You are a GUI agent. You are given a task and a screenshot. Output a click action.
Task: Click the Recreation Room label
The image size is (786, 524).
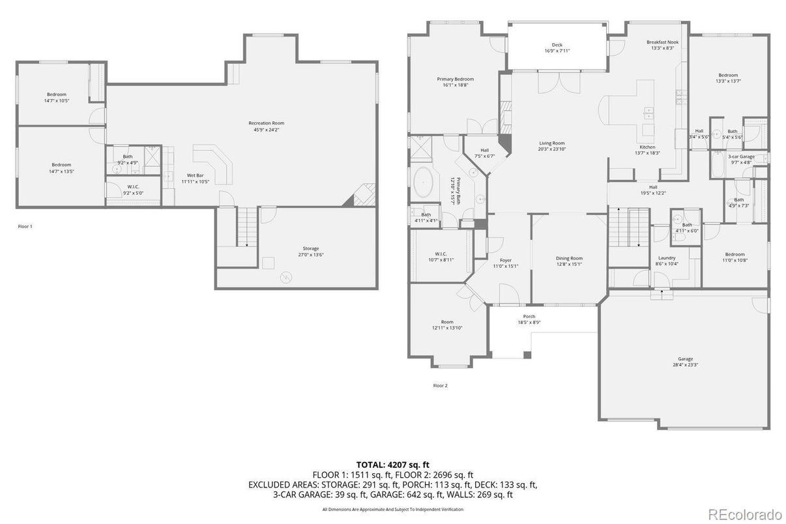pyautogui.click(x=266, y=123)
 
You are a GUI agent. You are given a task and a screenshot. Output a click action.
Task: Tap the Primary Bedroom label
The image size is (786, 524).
pyautogui.click(x=455, y=79)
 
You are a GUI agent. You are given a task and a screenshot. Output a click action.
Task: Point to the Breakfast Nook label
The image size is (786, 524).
pyautogui.click(x=662, y=42)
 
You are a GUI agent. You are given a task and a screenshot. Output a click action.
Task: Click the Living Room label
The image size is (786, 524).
pyautogui.click(x=551, y=143)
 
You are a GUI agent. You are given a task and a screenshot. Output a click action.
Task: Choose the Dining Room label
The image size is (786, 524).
pyautogui.click(x=569, y=258)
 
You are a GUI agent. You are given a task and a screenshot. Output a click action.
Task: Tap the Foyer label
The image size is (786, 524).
pyautogui.click(x=506, y=260)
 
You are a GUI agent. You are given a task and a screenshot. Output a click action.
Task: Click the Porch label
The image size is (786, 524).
pyautogui.click(x=529, y=317)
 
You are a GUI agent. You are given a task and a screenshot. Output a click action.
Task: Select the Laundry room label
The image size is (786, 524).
pyautogui.click(x=667, y=258)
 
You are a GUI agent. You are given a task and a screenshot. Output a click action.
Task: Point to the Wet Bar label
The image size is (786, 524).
pyautogui.click(x=196, y=175)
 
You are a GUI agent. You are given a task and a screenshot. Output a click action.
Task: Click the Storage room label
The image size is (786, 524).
pyautogui.click(x=310, y=248)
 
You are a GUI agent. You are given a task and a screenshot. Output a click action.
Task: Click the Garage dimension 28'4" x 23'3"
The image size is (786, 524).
pyautogui.click(x=685, y=365)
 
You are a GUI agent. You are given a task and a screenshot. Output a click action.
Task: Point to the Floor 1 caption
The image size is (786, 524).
pyautogui.click(x=25, y=226)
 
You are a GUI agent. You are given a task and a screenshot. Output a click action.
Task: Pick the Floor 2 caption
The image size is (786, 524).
pyautogui.click(x=441, y=385)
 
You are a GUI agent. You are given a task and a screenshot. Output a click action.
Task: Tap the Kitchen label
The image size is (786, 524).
pyautogui.click(x=647, y=147)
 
